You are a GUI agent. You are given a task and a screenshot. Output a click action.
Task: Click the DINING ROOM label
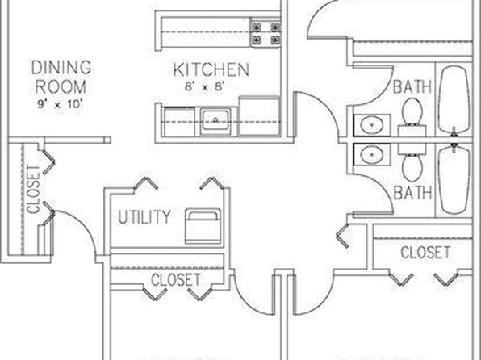[x=61, y=77]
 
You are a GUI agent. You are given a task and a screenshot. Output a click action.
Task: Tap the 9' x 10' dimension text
[x=61, y=104]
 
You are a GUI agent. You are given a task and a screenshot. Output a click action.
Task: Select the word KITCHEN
[x=211, y=69]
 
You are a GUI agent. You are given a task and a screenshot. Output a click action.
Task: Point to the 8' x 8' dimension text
[x=205, y=86]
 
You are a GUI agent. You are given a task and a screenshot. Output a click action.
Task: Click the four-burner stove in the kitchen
[x=266, y=33]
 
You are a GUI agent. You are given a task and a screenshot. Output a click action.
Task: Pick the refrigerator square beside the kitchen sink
[x=259, y=115]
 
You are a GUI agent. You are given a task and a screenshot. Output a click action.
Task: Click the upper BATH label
[x=412, y=86]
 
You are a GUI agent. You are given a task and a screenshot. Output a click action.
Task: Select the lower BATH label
[x=412, y=193]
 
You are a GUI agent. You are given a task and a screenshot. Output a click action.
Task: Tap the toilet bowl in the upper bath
[x=412, y=111]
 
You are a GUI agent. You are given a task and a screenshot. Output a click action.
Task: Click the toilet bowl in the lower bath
[x=412, y=168]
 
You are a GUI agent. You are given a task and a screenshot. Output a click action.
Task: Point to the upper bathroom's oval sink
[x=371, y=125]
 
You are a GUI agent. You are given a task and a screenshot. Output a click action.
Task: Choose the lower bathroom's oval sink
[x=371, y=155]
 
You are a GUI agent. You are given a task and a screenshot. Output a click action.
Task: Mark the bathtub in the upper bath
[x=454, y=98]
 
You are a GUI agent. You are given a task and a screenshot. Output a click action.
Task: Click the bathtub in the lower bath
[x=454, y=180]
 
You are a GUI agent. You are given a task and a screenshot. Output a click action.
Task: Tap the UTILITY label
[x=144, y=217]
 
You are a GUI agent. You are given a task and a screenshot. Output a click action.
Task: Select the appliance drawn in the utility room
[x=203, y=226]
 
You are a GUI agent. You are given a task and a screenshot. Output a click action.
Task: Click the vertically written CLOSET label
[x=33, y=190]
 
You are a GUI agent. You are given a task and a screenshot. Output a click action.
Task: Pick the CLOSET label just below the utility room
[x=176, y=279]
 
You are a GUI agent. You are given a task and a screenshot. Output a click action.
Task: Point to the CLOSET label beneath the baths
[x=425, y=253]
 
